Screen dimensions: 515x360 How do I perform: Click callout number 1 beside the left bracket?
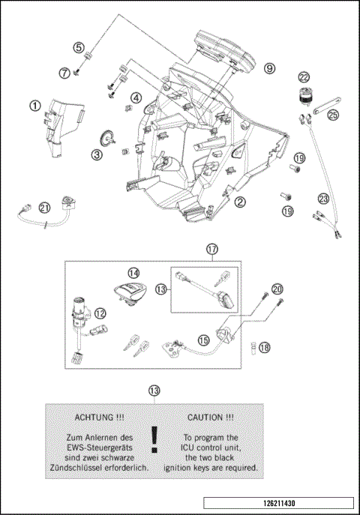point(35,106)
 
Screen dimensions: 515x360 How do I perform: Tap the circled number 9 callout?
point(268,68)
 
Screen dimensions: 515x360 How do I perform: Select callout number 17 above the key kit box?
point(212,248)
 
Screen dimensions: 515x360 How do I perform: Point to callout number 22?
point(304,77)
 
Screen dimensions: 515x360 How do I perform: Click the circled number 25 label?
point(333,114)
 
